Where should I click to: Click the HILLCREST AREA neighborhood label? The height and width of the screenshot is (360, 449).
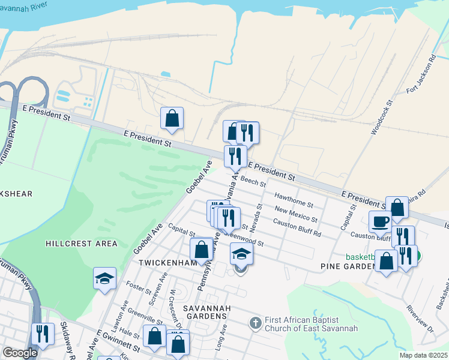82,244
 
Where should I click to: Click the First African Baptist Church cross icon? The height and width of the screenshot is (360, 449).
255,323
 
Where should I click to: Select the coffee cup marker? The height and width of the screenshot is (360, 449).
380,221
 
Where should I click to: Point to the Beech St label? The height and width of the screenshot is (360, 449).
253,179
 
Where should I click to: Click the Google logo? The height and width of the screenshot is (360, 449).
20,353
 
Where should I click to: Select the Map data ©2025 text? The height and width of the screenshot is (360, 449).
423,355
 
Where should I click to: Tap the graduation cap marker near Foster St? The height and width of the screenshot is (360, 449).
104,278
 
